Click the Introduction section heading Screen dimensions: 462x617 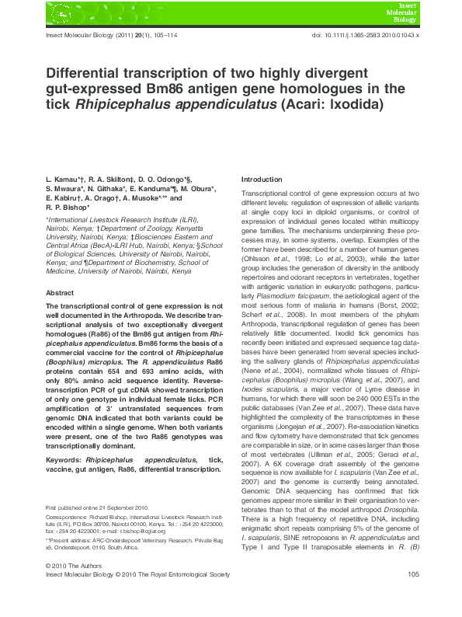262,179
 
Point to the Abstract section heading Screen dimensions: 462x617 60,293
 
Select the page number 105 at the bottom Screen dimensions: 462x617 413,596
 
